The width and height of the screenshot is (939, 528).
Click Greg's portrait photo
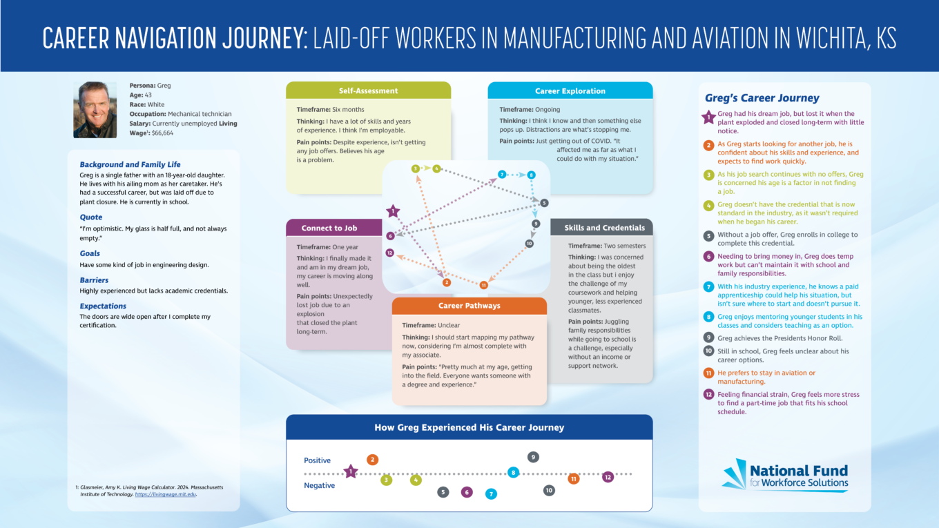[x=95, y=110]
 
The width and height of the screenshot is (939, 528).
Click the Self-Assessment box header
[x=368, y=90]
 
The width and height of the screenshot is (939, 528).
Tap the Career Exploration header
[x=570, y=90]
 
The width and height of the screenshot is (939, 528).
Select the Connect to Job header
[x=329, y=228]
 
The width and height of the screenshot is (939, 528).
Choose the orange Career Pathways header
[x=469, y=306]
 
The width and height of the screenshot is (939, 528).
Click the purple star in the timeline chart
[x=351, y=472]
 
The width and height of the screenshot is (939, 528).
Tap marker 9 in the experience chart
[x=533, y=457]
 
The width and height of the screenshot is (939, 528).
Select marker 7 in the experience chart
[x=491, y=493]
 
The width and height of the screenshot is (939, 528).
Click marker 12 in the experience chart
[x=608, y=477]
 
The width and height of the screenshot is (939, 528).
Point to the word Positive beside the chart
[x=317, y=460]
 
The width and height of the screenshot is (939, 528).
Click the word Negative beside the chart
[x=319, y=485]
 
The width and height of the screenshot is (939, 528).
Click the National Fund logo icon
[x=735, y=475]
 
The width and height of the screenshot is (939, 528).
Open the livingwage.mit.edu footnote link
[x=166, y=495]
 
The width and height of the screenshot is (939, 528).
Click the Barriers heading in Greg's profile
[x=94, y=280]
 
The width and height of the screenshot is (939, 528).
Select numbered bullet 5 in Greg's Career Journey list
[x=708, y=235]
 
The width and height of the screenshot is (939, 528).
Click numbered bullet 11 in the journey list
[x=708, y=373]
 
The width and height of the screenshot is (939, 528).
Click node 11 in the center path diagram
[x=483, y=284]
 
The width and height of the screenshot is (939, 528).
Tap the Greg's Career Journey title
[x=762, y=98]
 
